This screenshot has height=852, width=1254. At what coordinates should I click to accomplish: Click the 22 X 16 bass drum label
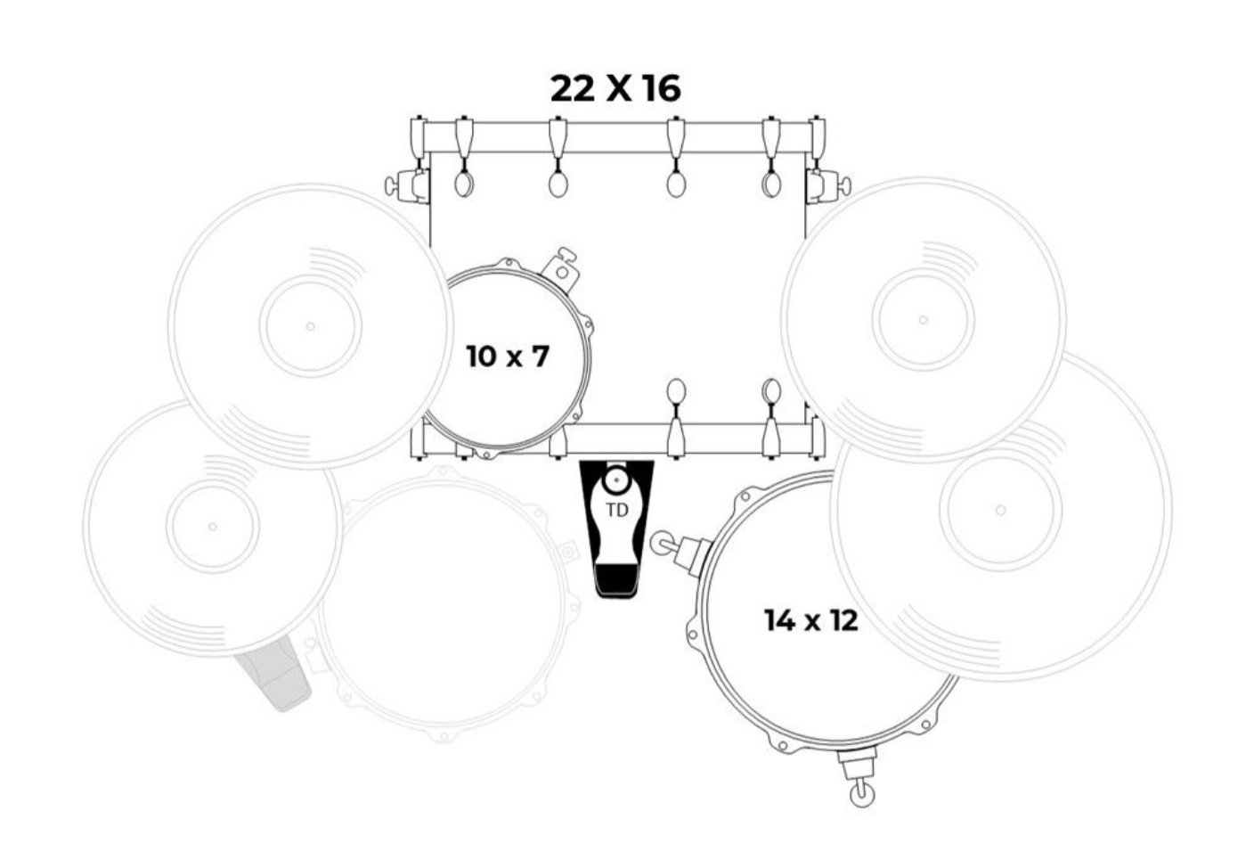coord(615,88)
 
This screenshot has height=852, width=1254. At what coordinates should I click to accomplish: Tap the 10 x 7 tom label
coord(507,356)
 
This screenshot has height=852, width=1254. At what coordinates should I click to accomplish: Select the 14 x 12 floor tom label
coord(811,620)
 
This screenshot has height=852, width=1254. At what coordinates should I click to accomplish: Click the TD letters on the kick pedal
coord(617,511)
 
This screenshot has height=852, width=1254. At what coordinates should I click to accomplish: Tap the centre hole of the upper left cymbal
coord(310,326)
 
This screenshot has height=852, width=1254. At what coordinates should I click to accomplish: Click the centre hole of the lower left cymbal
coord(212,527)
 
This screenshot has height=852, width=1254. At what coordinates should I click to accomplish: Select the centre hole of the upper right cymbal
coord(924,320)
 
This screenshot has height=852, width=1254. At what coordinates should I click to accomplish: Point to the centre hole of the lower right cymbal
coord(1000,510)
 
